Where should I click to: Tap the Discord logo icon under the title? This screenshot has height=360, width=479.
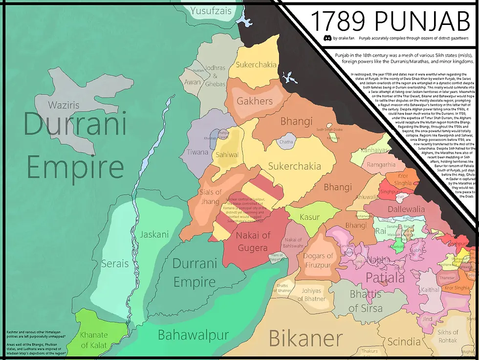click(x=327, y=38)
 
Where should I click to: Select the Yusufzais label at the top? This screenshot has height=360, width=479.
click(x=211, y=10)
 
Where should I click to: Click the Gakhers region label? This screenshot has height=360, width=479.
click(x=255, y=101)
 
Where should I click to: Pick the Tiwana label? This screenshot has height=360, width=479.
click(x=197, y=152)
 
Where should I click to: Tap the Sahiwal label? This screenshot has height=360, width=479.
click(x=227, y=155)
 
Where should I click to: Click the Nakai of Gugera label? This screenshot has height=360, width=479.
click(x=253, y=242)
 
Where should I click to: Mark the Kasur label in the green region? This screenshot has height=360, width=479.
click(x=310, y=217)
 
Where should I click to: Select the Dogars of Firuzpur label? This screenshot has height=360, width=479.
click(x=318, y=261)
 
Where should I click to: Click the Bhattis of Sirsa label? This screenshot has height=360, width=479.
click(x=366, y=301)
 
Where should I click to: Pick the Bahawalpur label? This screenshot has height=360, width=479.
click(x=193, y=336)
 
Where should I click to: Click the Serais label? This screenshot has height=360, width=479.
click(x=115, y=264)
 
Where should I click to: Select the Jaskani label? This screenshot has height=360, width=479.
click(x=154, y=234)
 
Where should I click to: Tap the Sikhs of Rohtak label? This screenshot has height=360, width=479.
click(x=448, y=337)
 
